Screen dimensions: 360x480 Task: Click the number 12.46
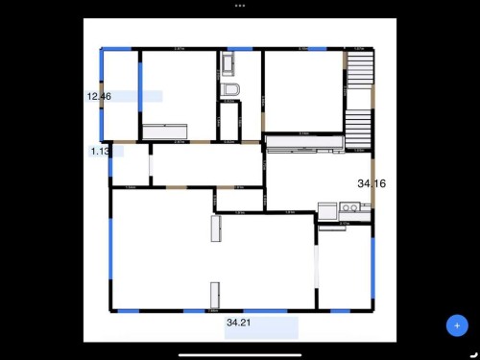point(99,97)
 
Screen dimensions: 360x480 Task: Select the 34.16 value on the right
point(371,182)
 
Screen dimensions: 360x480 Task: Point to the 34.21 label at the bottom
point(239,324)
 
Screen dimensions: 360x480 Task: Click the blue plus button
point(457,325)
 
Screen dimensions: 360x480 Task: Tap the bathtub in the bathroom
point(228,65)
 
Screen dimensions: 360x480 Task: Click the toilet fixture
point(228,90)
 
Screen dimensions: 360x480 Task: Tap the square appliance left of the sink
point(326,208)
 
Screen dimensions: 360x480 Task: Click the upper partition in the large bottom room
point(215,228)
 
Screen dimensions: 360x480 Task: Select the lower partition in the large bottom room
point(215,294)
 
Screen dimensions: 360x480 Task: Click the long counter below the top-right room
point(303,144)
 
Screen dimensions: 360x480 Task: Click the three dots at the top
point(239,5)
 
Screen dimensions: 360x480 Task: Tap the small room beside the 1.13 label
point(131,165)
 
